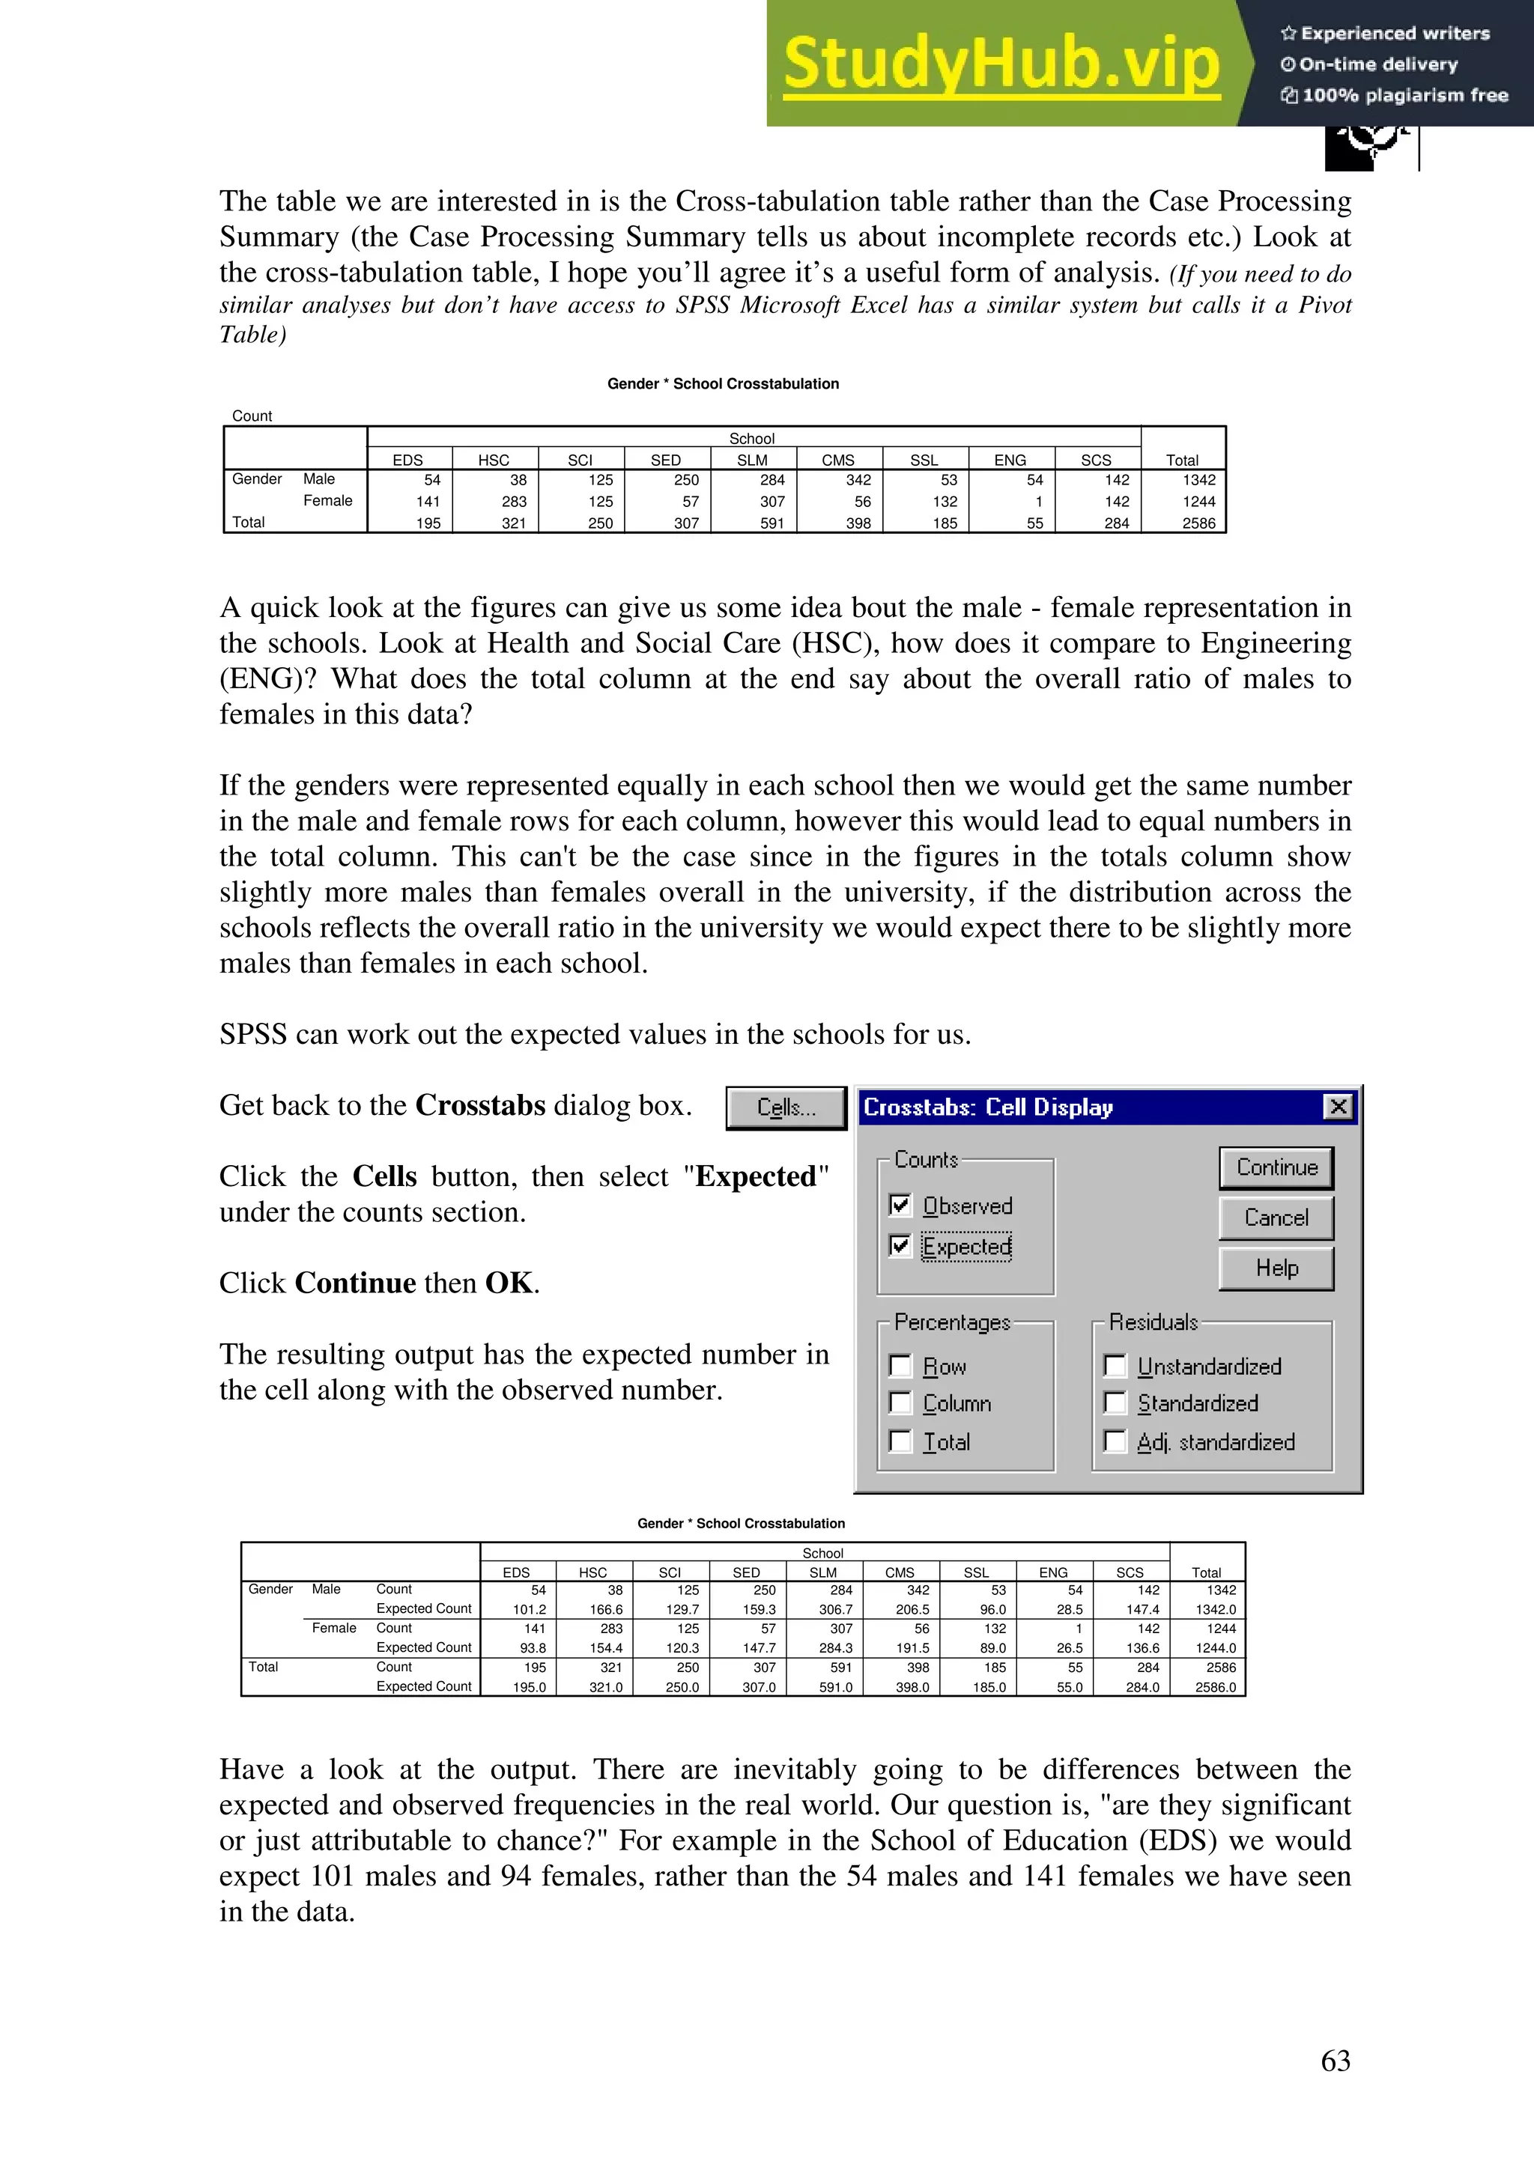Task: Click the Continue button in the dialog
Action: pos(1276,1168)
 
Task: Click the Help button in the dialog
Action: pos(1276,1268)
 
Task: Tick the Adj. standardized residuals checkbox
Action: pos(1115,1441)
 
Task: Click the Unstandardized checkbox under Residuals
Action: pos(1115,1366)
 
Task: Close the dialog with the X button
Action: pos(1339,1107)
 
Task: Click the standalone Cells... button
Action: pos(786,1107)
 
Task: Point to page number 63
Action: pos(1335,2061)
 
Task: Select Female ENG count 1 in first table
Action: pos(1038,502)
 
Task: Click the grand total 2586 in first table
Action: pos(1198,523)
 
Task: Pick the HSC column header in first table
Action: pos(494,461)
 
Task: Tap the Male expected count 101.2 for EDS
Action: pos(530,1610)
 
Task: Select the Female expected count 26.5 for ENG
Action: pos(1069,1648)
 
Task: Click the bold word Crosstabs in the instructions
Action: pos(480,1105)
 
